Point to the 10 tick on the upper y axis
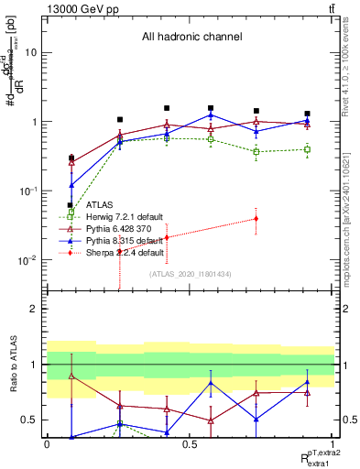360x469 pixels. tap(30, 52)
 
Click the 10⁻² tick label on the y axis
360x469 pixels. tap(27, 260)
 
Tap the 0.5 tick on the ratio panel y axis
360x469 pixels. tap(29, 420)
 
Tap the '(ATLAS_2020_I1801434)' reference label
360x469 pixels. tap(190, 274)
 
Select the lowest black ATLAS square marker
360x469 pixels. tap(71, 205)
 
